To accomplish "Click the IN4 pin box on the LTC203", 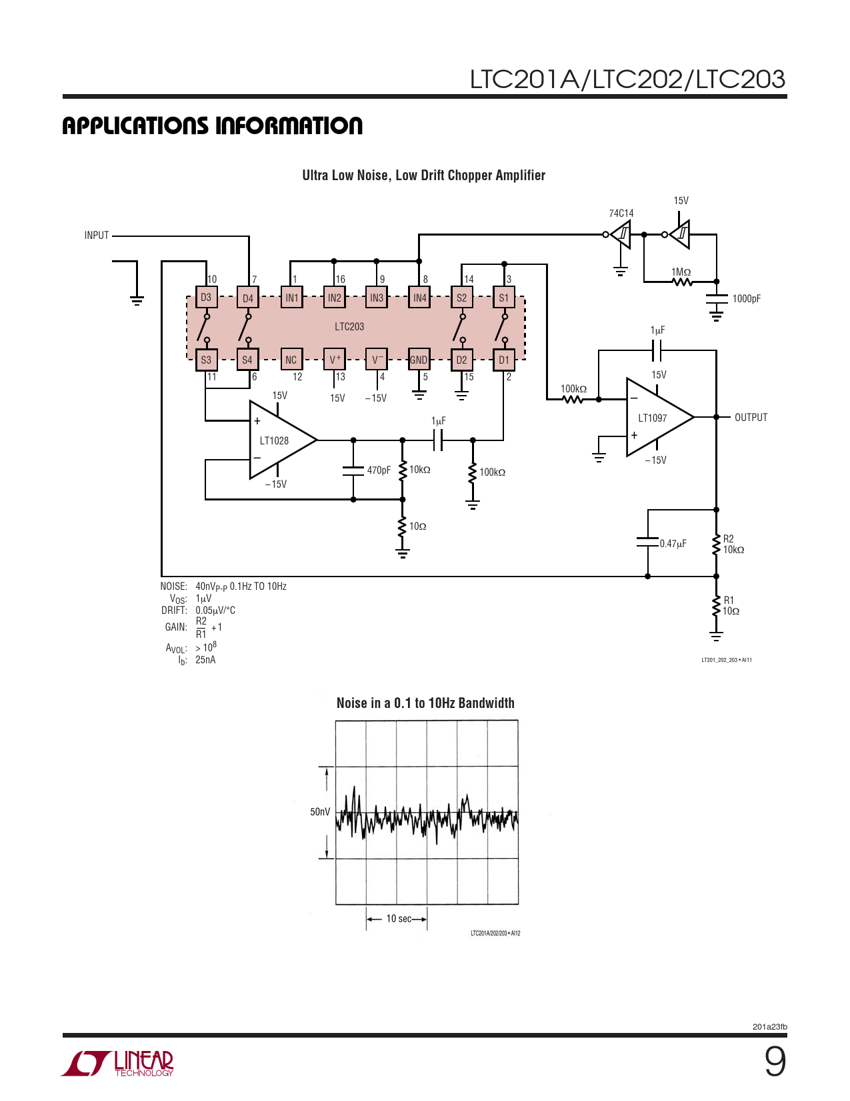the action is point(419,298).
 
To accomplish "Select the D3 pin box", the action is point(206,297).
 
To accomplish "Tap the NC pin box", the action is point(291,360).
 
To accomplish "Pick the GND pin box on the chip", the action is point(419,360).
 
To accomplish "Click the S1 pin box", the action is point(504,298).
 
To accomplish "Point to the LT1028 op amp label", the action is point(274,441).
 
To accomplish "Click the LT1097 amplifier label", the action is point(652,418).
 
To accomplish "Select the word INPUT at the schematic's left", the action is point(97,235).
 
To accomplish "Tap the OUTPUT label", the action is point(751,418).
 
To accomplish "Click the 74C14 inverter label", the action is point(621,214).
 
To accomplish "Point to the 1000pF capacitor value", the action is point(746,298).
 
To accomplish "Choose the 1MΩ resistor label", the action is point(681,272).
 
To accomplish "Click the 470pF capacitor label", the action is point(379,470).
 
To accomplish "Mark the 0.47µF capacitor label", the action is point(673,544).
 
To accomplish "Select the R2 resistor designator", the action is point(729,538).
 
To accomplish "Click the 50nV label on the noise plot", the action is point(320,811).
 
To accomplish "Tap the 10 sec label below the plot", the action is point(399,919).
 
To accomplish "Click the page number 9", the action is point(775,1062).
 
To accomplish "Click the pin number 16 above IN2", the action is point(340,279).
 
